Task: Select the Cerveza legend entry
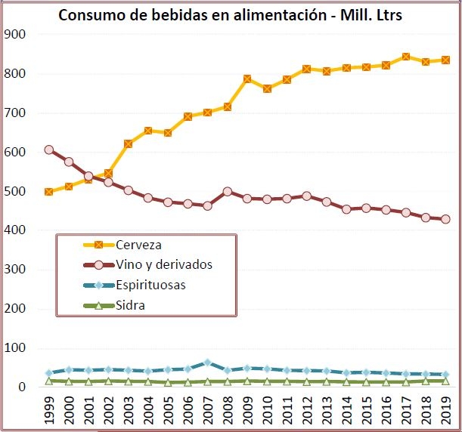(x=140, y=245)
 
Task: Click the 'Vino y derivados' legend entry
(x=165, y=265)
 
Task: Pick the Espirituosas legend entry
(x=152, y=285)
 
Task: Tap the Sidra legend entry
(x=132, y=306)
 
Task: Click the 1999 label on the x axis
(x=49, y=412)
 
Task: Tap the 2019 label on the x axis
(x=446, y=412)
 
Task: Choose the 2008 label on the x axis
(x=228, y=412)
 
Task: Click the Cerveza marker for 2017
(x=406, y=57)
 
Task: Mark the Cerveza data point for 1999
(x=49, y=192)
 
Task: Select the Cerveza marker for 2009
(x=247, y=79)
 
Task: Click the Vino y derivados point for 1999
(x=49, y=150)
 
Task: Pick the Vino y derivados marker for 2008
(x=228, y=192)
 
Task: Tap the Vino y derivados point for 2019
(x=446, y=219)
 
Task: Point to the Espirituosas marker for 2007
(x=208, y=363)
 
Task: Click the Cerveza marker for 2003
(x=129, y=143)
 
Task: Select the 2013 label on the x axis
(x=327, y=412)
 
